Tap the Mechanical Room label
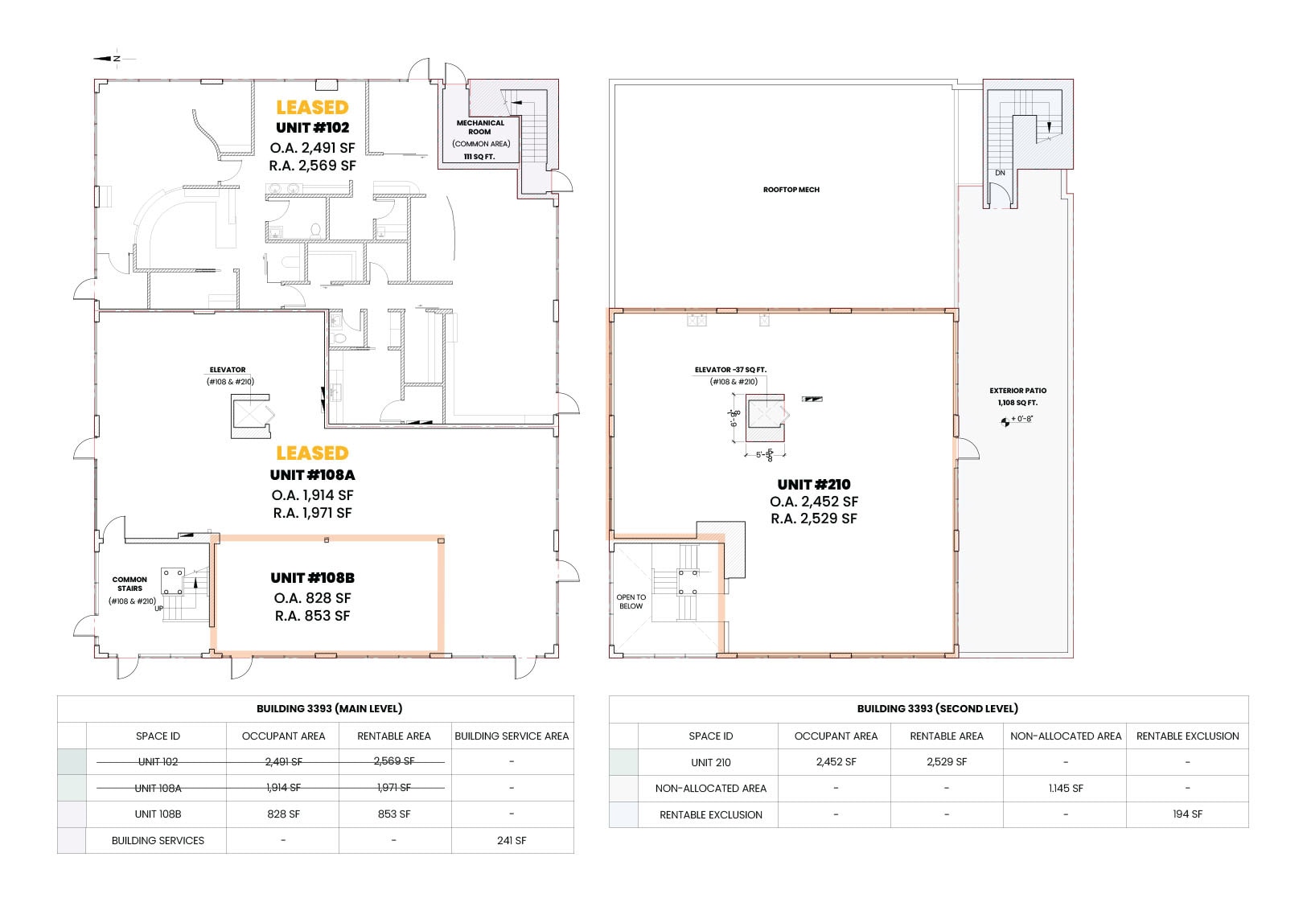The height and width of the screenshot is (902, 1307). coord(480,127)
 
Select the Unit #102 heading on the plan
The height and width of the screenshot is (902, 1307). coord(313,128)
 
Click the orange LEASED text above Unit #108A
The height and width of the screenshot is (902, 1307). coord(312,453)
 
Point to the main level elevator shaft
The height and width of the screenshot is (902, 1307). coord(251,416)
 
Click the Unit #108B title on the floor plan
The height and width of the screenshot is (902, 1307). coord(313,578)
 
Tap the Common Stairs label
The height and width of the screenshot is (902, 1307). coord(129,584)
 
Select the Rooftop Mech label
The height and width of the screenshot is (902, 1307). coord(791,190)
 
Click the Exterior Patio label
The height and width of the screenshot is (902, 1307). coord(1017,391)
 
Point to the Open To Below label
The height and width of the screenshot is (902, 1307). coord(631,601)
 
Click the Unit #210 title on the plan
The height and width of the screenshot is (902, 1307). coord(814,485)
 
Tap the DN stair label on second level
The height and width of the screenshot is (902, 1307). coord(1000,173)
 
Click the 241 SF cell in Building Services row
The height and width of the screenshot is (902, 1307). coord(512,841)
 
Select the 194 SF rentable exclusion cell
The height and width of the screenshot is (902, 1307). coord(1187,814)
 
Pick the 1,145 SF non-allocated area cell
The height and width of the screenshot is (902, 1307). coord(1066,789)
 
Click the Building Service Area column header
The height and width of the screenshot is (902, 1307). coord(512,736)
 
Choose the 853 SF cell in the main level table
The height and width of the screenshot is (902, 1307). coord(394,814)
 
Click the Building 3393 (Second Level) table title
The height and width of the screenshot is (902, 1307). coord(938,708)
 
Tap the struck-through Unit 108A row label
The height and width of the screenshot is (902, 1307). coord(158,789)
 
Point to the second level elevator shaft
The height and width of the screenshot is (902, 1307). coord(765,418)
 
